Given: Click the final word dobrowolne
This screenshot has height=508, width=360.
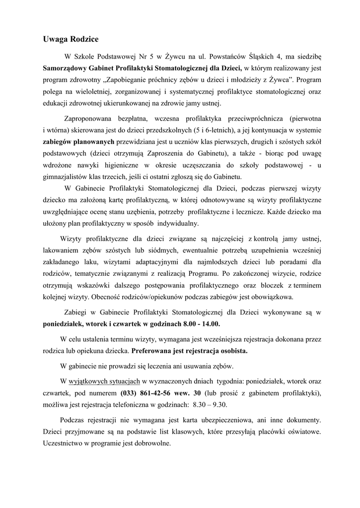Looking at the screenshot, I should [149, 444].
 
